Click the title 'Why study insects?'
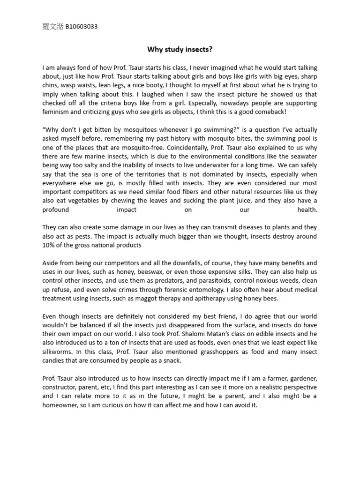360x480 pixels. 180,49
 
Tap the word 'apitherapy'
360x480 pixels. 217,299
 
